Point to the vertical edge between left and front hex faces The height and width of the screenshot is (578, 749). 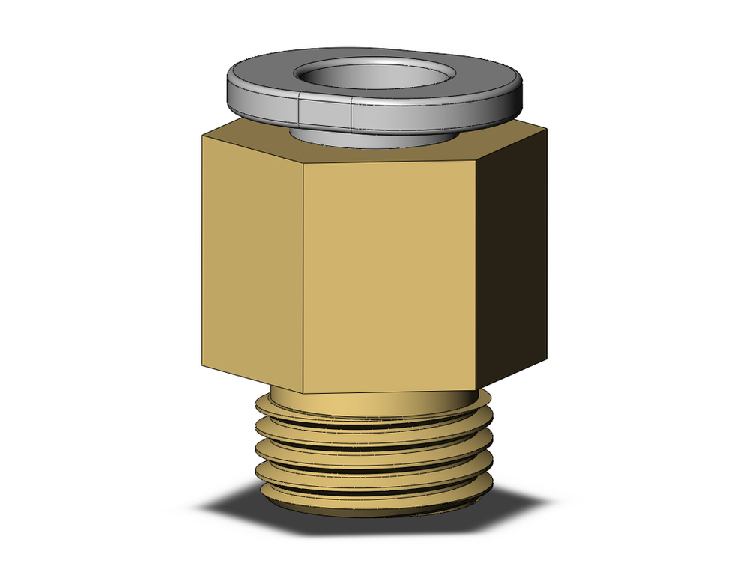click(303, 277)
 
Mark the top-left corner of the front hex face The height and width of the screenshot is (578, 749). click(303, 163)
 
